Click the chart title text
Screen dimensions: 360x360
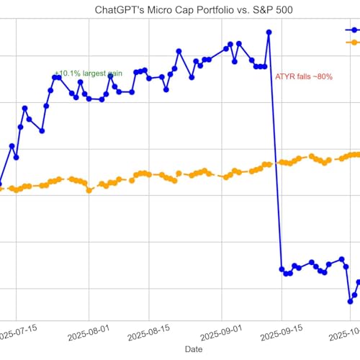(x=193, y=9)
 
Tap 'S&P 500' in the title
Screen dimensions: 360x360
(x=268, y=9)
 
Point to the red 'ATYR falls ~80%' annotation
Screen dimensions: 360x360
(x=304, y=76)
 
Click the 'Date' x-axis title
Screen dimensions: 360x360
(x=193, y=348)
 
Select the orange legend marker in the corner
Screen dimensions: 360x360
(x=353, y=43)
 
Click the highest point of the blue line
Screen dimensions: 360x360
(x=269, y=32)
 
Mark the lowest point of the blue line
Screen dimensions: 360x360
(x=350, y=302)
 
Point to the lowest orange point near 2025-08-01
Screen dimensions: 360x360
(x=89, y=191)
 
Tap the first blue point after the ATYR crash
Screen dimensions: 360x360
(x=282, y=269)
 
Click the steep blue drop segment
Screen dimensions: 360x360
(x=275, y=151)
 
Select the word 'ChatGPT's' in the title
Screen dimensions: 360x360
(x=120, y=9)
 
